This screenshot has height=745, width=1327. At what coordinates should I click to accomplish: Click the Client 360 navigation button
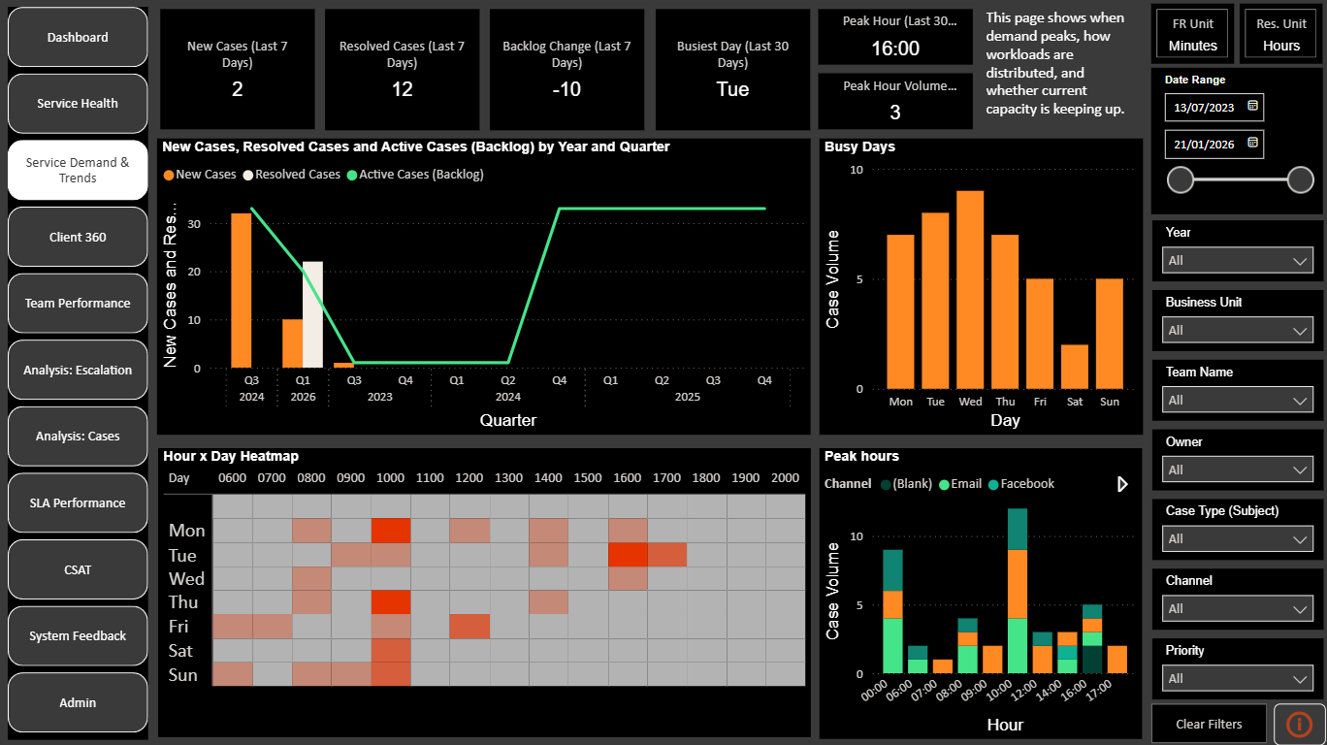pyautogui.click(x=78, y=237)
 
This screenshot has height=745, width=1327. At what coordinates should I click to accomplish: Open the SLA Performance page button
pyautogui.click(x=78, y=502)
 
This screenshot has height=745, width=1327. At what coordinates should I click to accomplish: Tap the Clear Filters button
pyautogui.click(x=1209, y=724)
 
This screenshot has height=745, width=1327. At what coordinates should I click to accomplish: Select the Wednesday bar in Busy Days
pyautogui.click(x=970, y=290)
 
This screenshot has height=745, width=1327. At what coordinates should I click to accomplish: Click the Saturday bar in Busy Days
pyautogui.click(x=1075, y=367)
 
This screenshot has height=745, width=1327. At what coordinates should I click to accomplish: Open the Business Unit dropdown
pyautogui.click(x=1237, y=330)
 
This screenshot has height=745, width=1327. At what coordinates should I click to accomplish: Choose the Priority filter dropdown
pyautogui.click(x=1237, y=678)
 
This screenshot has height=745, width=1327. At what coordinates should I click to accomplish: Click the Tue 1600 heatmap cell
pyautogui.click(x=628, y=555)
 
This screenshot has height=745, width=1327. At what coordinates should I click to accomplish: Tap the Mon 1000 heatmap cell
pyautogui.click(x=391, y=531)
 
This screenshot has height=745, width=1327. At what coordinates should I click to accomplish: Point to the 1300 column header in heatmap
pyautogui.click(x=508, y=478)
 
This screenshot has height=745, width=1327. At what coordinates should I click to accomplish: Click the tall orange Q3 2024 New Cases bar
pyautogui.click(x=241, y=290)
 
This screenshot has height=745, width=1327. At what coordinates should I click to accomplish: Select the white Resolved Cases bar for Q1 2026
pyautogui.click(x=312, y=314)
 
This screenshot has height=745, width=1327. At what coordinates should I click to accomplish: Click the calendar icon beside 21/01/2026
pyautogui.click(x=1252, y=143)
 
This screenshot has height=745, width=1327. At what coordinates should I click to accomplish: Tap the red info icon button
pyautogui.click(x=1299, y=724)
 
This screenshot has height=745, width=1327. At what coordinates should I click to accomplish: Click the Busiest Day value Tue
pyautogui.click(x=732, y=89)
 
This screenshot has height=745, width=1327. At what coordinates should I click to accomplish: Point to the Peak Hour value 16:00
pyautogui.click(x=894, y=49)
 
